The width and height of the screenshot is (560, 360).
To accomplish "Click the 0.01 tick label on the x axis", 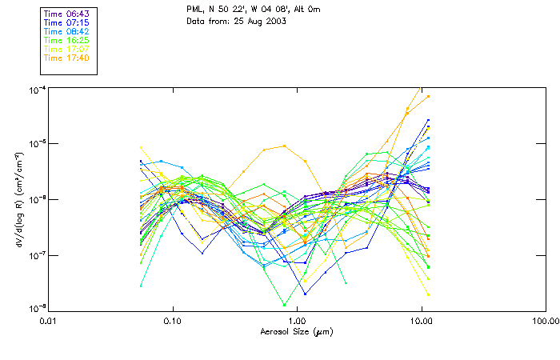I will click(x=49, y=322).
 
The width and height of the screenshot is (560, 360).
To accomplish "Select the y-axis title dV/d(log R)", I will click(x=17, y=200).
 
